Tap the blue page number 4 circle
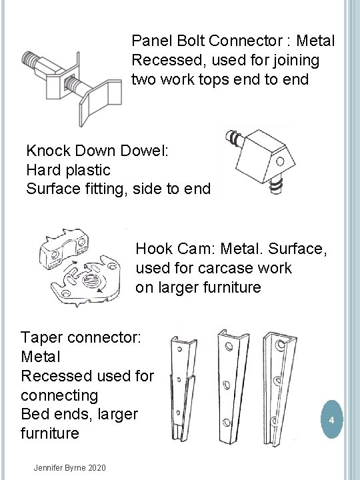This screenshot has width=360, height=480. click(331, 419)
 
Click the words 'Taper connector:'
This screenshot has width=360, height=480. click(81, 337)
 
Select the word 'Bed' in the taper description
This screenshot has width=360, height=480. click(32, 414)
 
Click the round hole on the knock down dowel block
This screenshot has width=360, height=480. click(280, 161)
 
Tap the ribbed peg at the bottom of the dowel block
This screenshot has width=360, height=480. click(275, 185)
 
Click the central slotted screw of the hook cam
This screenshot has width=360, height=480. click(90, 279)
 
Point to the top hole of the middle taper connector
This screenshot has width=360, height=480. click(229, 347)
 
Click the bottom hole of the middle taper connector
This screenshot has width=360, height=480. click(226, 423)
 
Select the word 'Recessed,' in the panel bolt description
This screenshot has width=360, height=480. click(168, 61)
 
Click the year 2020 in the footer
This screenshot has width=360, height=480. click(97, 468)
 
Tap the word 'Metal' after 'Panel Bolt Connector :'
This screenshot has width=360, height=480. click(315, 41)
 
